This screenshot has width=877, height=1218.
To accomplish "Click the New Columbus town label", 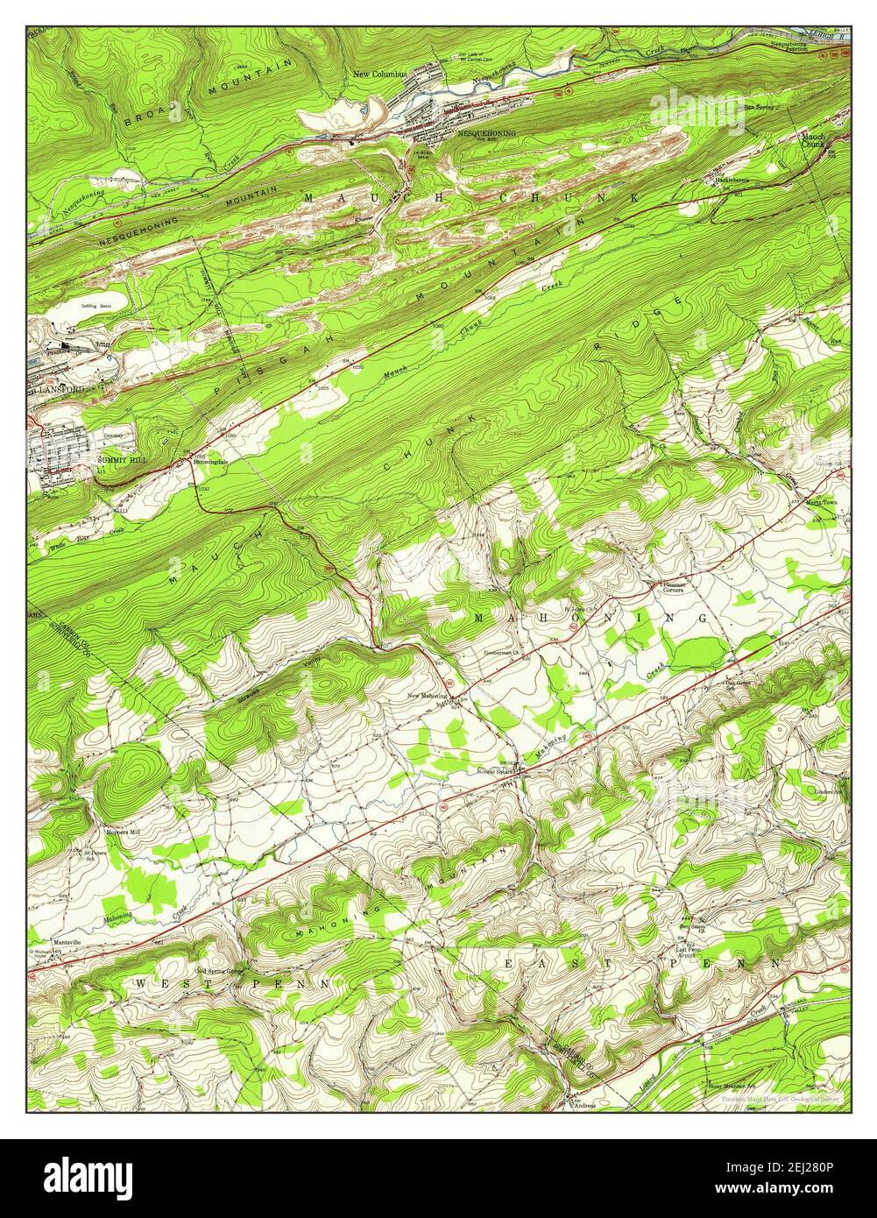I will [x=380, y=74].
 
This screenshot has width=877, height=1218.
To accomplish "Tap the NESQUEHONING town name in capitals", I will [x=486, y=133].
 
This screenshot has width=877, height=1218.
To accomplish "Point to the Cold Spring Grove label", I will [x=219, y=971].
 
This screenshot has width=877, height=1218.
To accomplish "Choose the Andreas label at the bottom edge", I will [x=584, y=1105].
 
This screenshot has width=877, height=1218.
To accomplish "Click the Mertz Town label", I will [x=821, y=502].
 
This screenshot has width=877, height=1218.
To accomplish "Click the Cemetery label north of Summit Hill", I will [x=114, y=436].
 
